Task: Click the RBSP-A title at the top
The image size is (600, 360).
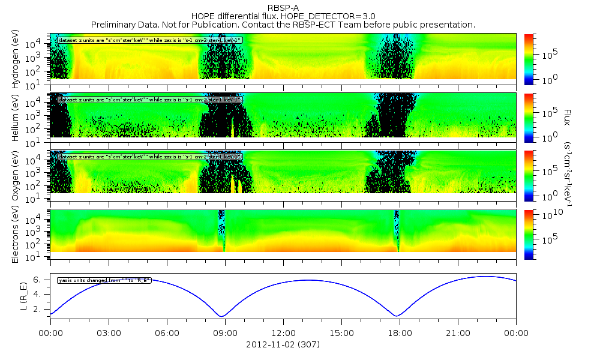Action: pyautogui.click(x=283, y=7)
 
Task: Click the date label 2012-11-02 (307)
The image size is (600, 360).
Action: pyautogui.click(x=283, y=345)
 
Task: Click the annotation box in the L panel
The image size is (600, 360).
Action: pyautogui.click(x=103, y=280)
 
